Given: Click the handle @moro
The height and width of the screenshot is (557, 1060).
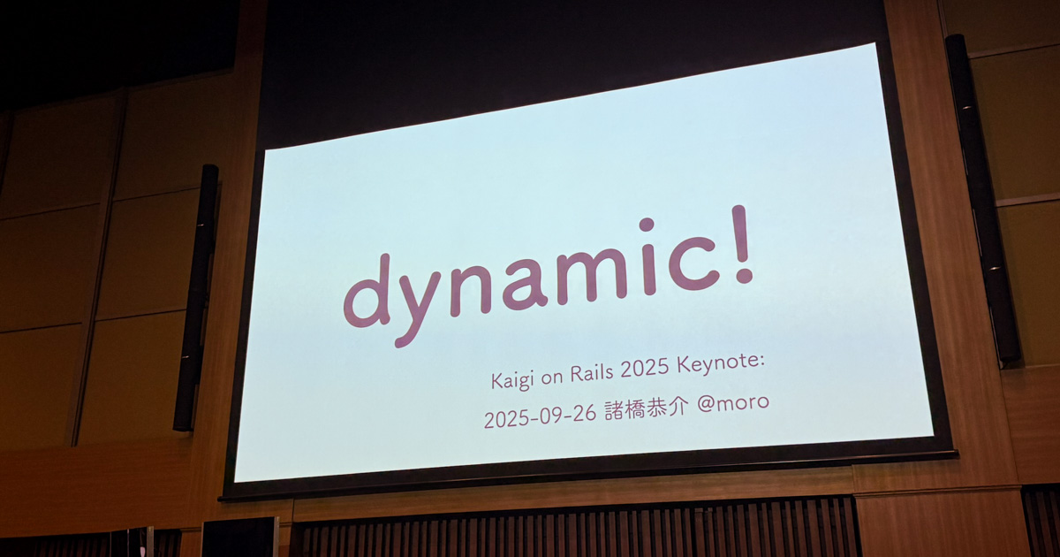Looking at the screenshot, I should [733, 402].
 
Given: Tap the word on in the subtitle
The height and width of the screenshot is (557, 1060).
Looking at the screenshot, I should [556, 378].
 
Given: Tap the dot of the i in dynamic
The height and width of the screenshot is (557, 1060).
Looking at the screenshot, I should [647, 225].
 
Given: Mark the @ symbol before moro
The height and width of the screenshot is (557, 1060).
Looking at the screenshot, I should [707, 405].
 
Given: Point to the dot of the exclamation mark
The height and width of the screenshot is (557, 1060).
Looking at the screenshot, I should [745, 276].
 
